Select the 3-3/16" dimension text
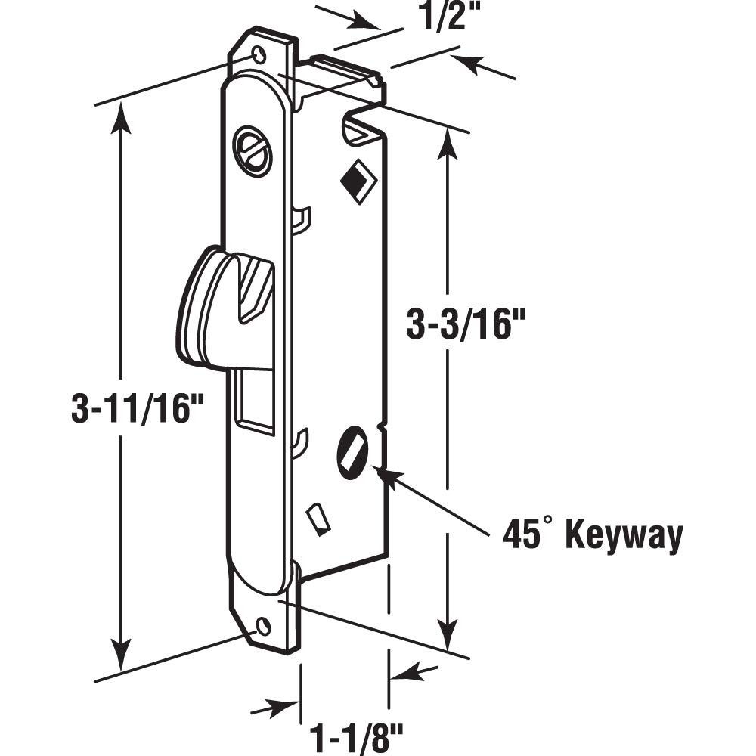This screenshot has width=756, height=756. click(x=466, y=325)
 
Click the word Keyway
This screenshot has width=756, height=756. click(x=624, y=535)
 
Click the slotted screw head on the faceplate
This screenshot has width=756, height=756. click(x=252, y=151)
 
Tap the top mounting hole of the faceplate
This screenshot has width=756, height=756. click(x=259, y=54)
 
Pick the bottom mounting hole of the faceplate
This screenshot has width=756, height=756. click(x=262, y=626)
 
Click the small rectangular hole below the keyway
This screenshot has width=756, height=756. click(x=318, y=519)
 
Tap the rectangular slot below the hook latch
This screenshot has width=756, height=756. click(x=256, y=401)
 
